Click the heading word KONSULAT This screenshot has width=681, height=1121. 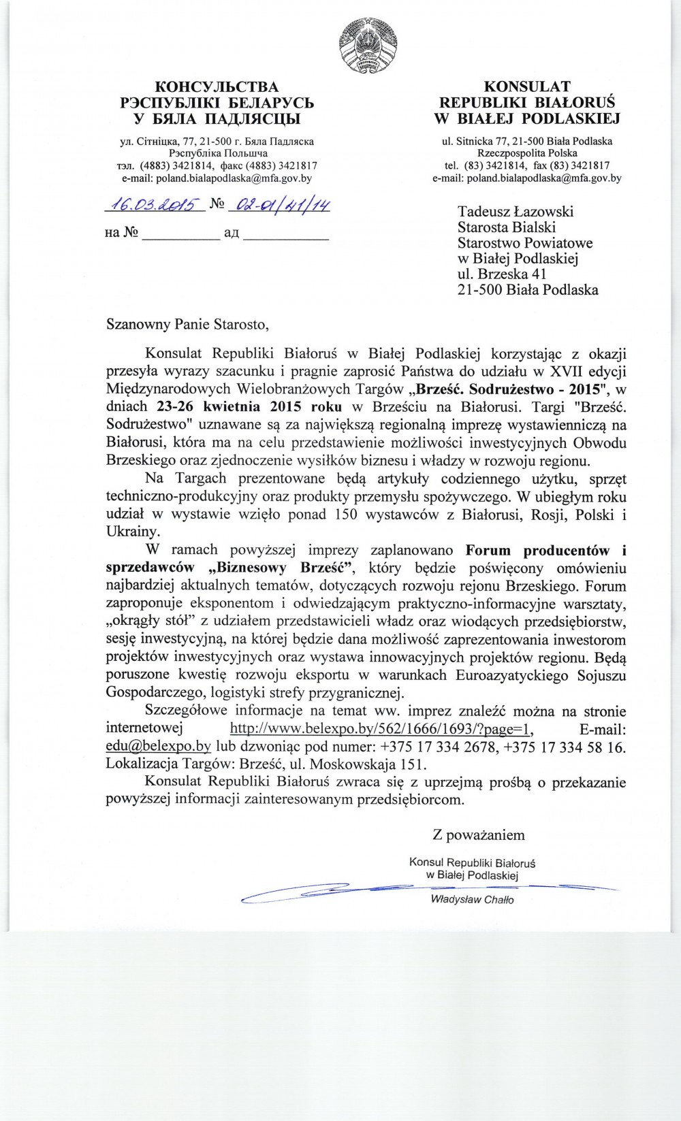pos(527,86)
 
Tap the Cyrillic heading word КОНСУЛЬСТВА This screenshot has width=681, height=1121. pos(217,87)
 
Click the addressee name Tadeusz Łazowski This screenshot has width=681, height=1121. pos(516,212)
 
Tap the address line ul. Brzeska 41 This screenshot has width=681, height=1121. pos(502,274)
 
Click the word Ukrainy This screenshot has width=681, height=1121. pos(133,532)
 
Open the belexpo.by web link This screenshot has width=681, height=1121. pos(381,729)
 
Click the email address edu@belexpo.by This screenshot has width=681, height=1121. pos(158,746)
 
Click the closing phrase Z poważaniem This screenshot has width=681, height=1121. pos(479,834)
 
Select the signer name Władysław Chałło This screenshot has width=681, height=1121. pos(472,900)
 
